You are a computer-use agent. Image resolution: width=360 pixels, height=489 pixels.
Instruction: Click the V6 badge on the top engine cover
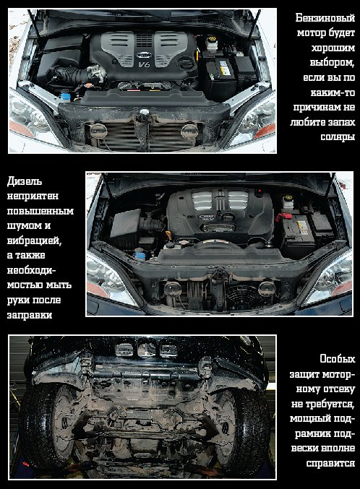click(144, 64)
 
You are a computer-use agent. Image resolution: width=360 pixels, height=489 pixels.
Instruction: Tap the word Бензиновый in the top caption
click(325, 18)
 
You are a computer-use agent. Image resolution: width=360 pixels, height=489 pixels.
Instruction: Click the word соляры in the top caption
click(338, 137)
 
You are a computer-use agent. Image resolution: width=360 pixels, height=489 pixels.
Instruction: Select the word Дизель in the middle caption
click(25, 181)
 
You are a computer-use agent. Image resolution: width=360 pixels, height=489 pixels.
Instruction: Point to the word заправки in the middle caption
click(30, 315)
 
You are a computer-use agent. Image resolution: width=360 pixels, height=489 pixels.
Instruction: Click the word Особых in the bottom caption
click(338, 359)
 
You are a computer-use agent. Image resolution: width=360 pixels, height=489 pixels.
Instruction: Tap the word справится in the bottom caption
click(330, 463)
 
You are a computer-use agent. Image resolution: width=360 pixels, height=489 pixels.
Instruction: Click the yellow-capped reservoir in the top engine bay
click(211, 43)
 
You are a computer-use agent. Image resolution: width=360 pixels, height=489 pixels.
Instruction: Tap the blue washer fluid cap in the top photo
click(65, 95)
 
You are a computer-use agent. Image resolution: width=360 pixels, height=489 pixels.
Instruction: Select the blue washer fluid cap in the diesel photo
click(140, 256)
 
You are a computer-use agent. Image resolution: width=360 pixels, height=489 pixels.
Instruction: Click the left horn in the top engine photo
click(98, 130)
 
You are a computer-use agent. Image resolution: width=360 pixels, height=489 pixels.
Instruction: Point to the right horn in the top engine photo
click(189, 131)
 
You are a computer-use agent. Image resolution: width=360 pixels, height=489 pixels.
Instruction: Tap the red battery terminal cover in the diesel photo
click(284, 216)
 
